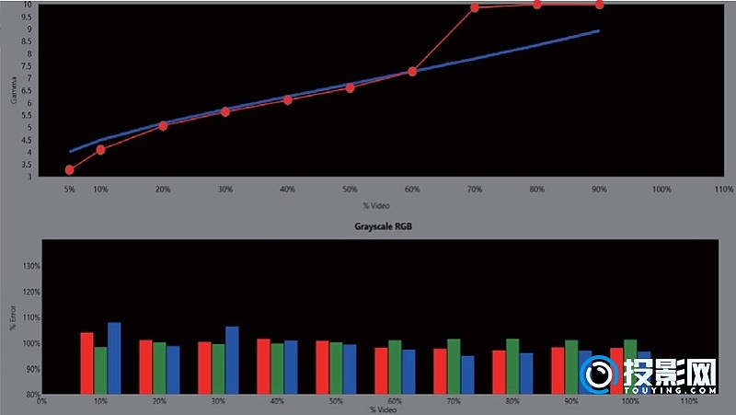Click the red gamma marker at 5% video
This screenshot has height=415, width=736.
point(70,169)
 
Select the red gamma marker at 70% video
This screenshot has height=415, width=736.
point(475,8)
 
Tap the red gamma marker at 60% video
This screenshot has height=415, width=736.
point(412,71)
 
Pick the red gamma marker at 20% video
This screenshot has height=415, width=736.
point(163,125)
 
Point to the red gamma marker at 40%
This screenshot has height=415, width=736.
point(288,99)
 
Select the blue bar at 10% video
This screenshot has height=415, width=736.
point(114,358)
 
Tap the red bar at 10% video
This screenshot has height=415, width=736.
point(86,363)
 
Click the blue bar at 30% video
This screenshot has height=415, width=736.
point(232,361)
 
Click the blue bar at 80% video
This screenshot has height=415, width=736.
point(526,374)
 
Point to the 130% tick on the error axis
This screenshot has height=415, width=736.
point(31,266)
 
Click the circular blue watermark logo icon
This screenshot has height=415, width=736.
point(599,375)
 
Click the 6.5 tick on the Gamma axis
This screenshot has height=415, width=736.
point(30,91)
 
